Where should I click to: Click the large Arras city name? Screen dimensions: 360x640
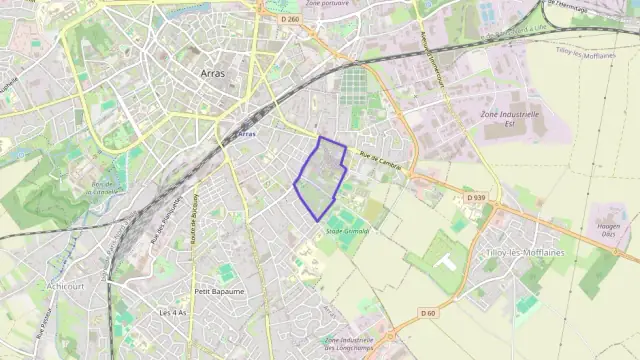click(x=211, y=73)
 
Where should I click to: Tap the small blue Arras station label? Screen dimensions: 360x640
click(x=247, y=134)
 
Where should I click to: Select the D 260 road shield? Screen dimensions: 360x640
click(x=290, y=19)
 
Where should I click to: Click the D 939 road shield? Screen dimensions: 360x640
click(x=475, y=198)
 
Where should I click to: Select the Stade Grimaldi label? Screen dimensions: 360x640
click(x=347, y=231)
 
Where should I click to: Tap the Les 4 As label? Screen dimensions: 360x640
click(x=173, y=312)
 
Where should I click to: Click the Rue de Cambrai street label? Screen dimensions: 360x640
click(x=380, y=160)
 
